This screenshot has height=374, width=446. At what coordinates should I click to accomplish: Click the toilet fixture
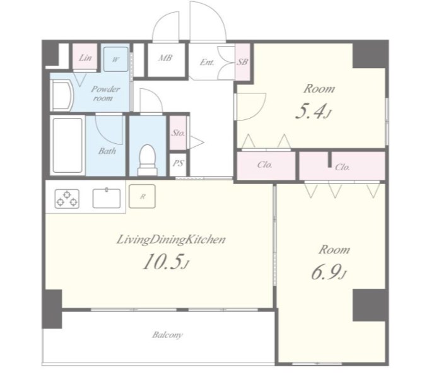click(x=148, y=160)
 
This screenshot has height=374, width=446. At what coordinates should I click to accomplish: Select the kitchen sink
click(x=107, y=197)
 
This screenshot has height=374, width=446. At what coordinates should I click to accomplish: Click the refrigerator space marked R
click(x=142, y=196)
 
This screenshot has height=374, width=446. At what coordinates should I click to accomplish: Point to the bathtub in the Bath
click(x=67, y=145)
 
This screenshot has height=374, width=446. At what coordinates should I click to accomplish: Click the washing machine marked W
click(x=115, y=59)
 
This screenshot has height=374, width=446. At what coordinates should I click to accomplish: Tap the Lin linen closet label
click(x=85, y=58)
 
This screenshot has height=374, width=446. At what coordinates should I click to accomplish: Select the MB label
click(x=165, y=58)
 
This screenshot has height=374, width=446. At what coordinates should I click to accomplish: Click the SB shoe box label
click(x=242, y=61)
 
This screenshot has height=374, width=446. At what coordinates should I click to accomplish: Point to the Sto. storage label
click(x=179, y=133)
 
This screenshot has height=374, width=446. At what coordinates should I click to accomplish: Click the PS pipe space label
click(x=179, y=163)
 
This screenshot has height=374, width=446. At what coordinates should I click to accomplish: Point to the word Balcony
click(x=167, y=335)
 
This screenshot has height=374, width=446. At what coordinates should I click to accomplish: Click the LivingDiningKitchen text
click(x=171, y=240)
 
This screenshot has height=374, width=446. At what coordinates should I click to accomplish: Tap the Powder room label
click(x=105, y=93)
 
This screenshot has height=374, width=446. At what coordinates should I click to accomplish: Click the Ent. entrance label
click(x=207, y=62)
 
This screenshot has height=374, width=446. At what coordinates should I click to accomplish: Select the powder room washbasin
click(x=62, y=95)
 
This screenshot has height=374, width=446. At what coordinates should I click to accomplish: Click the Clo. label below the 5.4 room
click(x=265, y=165)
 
